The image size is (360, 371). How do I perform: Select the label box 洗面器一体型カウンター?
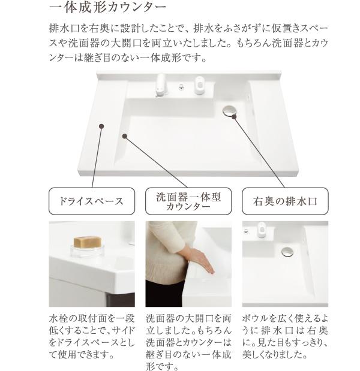point(188,201)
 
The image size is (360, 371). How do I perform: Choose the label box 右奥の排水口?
point(286,201)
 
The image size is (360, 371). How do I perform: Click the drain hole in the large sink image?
point(229,110)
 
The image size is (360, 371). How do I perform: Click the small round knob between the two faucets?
point(180,88)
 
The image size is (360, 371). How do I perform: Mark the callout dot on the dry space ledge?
point(102,126)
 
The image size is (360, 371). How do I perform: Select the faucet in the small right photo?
point(262,230)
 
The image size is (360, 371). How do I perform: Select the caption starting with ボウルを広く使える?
point(286,336)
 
